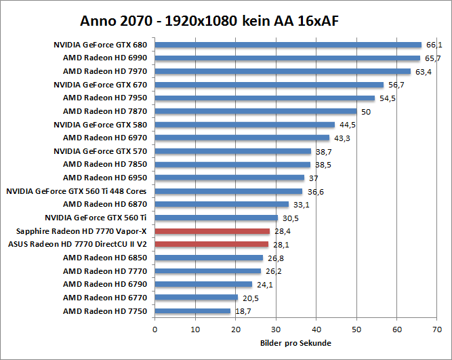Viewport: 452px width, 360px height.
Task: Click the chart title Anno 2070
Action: point(209,21)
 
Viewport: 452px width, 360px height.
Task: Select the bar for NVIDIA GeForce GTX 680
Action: point(288,45)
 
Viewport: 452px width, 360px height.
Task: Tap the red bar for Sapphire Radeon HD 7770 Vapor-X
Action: point(212,231)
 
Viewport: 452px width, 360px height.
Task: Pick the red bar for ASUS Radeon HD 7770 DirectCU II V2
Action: point(211,244)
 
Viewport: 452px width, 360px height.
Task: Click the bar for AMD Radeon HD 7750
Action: point(192,311)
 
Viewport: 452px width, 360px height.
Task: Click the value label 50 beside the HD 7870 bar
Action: point(366,112)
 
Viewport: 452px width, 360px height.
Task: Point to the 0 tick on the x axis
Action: point(155,329)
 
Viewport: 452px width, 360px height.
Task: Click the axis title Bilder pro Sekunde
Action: point(295,343)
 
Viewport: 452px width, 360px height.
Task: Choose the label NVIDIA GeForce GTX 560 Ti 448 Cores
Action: point(77,191)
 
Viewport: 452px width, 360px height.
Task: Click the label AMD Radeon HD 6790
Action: point(105,284)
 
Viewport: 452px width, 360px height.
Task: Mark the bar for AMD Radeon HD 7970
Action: point(283,71)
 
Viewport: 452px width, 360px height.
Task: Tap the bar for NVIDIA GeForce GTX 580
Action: point(245,125)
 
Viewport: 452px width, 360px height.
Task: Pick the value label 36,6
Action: point(315,192)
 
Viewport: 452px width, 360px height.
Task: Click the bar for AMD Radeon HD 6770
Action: point(197,298)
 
